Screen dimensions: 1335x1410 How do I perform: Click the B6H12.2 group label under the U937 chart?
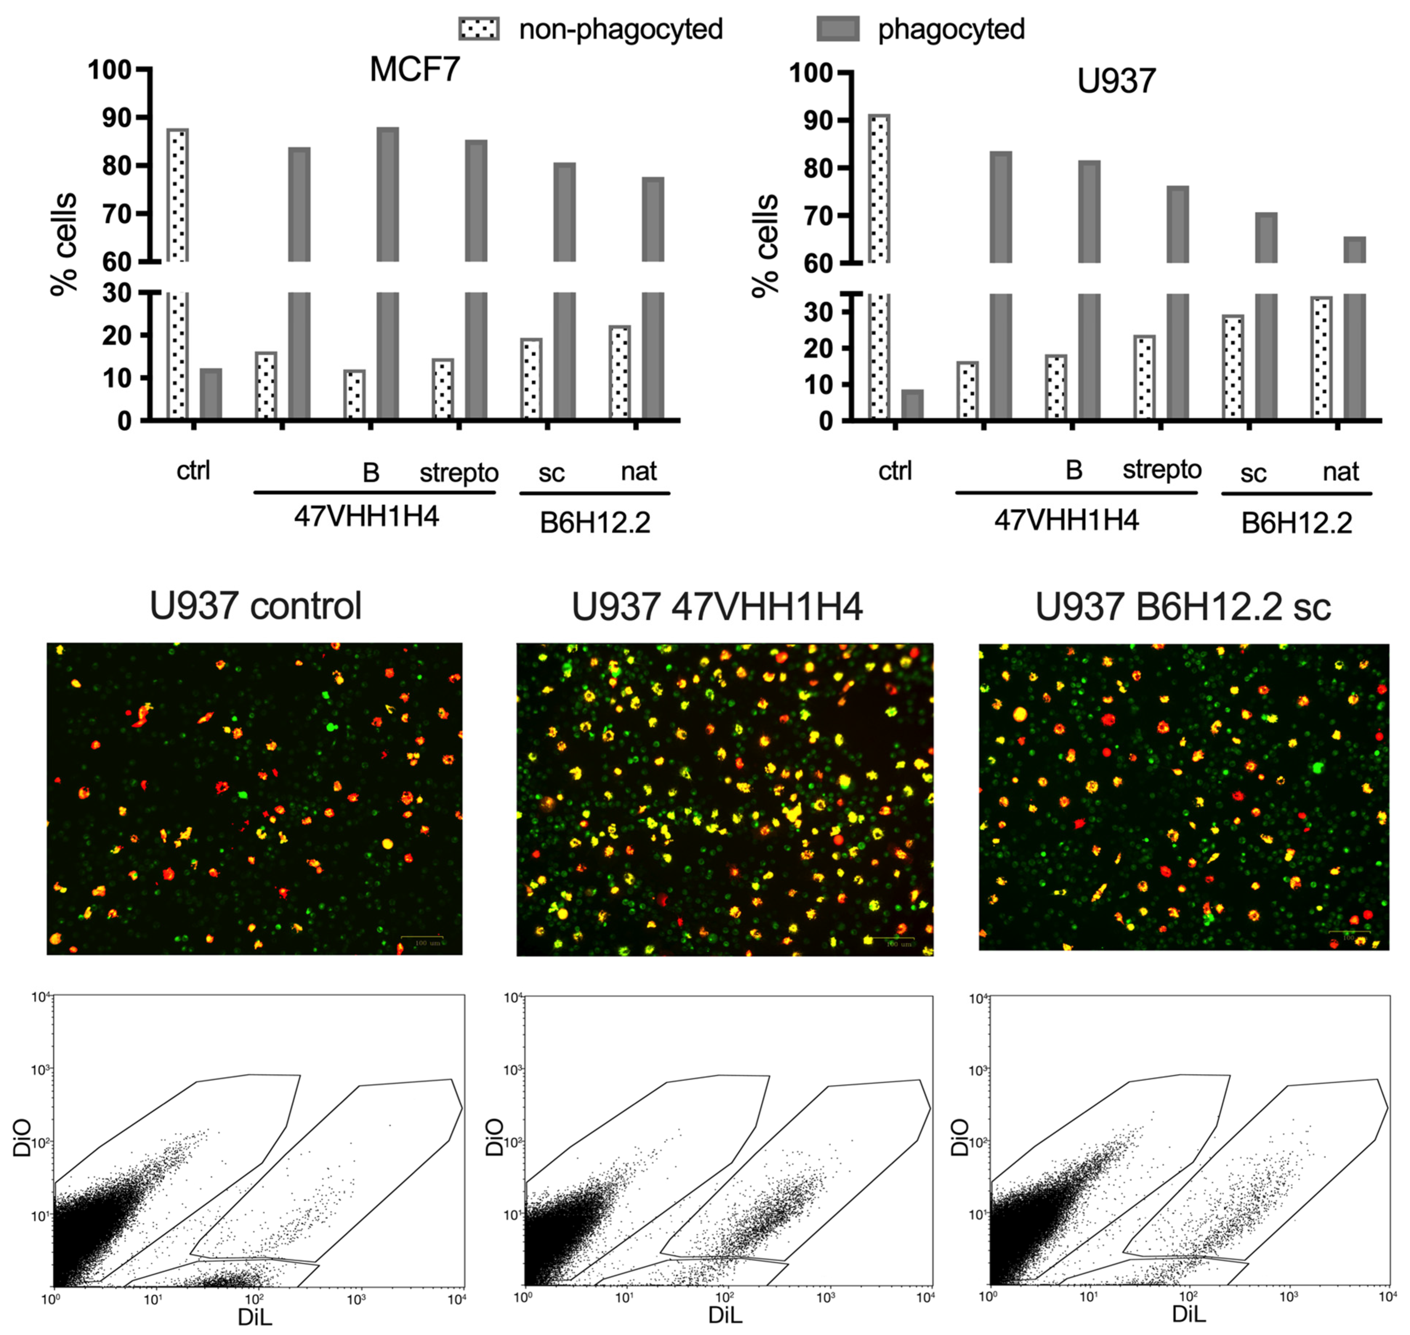[x=1296, y=523]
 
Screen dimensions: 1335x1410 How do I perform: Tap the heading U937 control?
[x=255, y=606]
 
